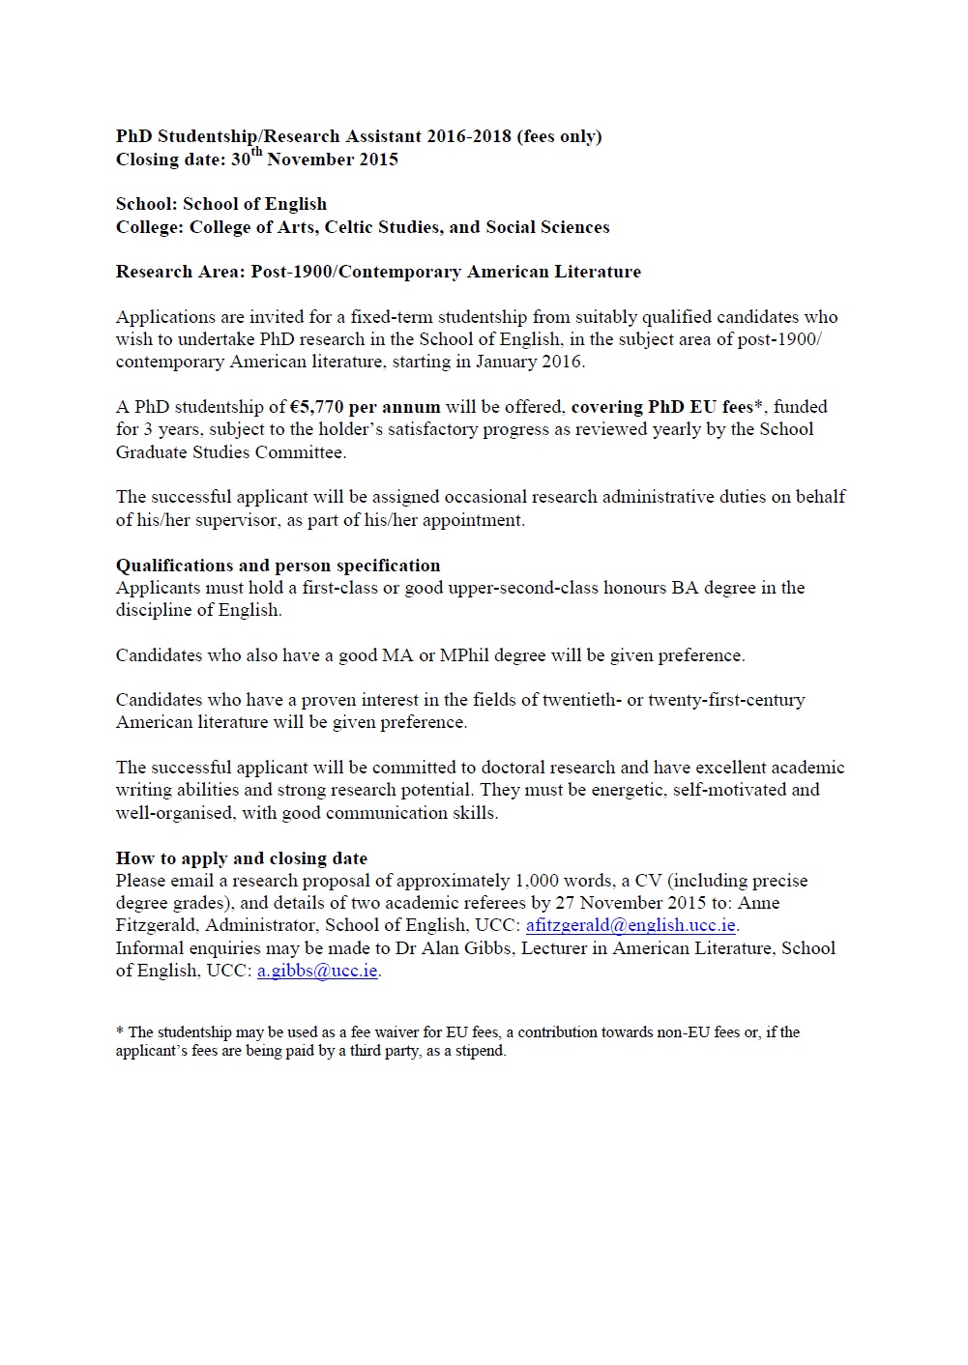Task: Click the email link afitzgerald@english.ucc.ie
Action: tap(631, 925)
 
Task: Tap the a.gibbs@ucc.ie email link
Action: tap(317, 971)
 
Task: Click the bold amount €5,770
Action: tap(316, 407)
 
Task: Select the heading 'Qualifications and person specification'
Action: tap(278, 566)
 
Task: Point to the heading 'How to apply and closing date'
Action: tap(242, 858)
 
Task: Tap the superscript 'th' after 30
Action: tap(256, 152)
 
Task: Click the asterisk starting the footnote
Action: tap(120, 1031)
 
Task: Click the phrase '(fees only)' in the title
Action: tap(559, 136)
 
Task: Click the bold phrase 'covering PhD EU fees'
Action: tap(662, 407)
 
